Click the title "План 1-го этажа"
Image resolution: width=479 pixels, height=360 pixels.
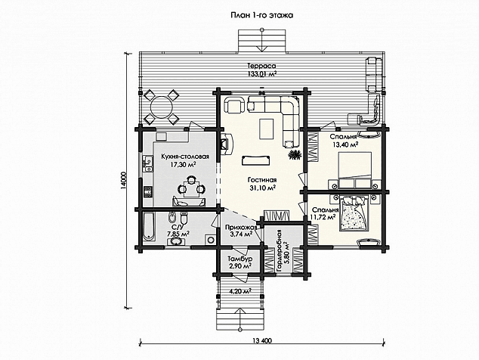click(x=262, y=15)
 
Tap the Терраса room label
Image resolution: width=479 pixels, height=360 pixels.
click(x=261, y=66)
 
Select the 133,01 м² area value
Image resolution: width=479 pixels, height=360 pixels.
click(x=261, y=73)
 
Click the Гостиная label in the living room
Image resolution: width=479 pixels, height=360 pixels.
click(x=262, y=180)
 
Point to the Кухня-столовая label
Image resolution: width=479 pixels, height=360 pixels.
click(x=185, y=157)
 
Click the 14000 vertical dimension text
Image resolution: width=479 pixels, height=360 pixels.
click(x=123, y=182)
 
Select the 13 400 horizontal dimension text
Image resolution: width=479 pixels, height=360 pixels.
click(x=262, y=341)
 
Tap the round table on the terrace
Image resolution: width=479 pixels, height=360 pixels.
click(x=161, y=107)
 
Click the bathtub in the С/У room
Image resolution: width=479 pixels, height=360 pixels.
click(x=149, y=227)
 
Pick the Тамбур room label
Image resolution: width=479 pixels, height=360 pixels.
click(x=240, y=259)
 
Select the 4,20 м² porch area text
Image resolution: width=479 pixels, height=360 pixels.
click(x=240, y=291)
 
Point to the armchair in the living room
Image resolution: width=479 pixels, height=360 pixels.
click(x=235, y=105)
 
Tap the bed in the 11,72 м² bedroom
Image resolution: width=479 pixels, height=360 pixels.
click(x=354, y=213)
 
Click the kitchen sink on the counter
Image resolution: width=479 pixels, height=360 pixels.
click(x=147, y=163)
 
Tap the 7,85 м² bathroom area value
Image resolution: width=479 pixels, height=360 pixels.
click(x=178, y=234)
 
